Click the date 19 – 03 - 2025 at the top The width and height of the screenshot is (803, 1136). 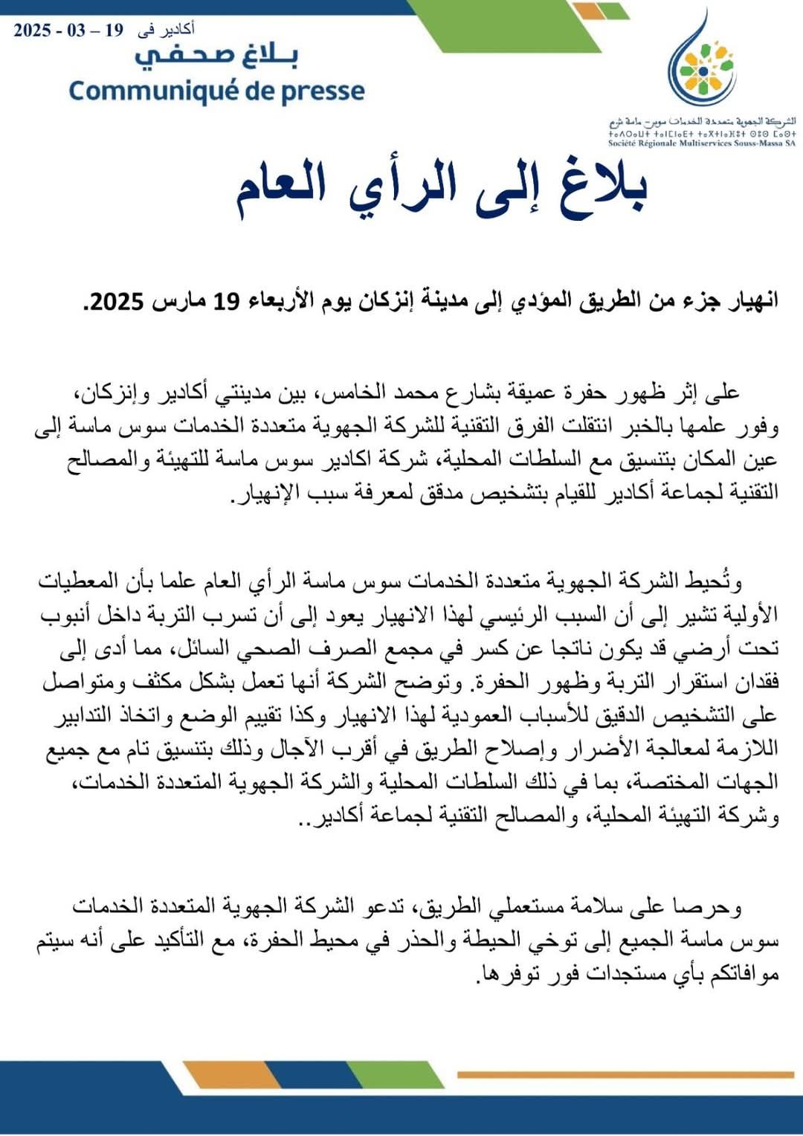pyautogui.click(x=68, y=30)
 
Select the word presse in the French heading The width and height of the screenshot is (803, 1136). pyautogui.click(x=323, y=91)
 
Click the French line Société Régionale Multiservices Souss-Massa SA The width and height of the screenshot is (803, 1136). pyautogui.click(x=701, y=143)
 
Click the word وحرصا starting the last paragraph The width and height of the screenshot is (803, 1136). pyautogui.click(x=706, y=906)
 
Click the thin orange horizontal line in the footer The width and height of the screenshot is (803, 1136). pyautogui.click(x=625, y=1075)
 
